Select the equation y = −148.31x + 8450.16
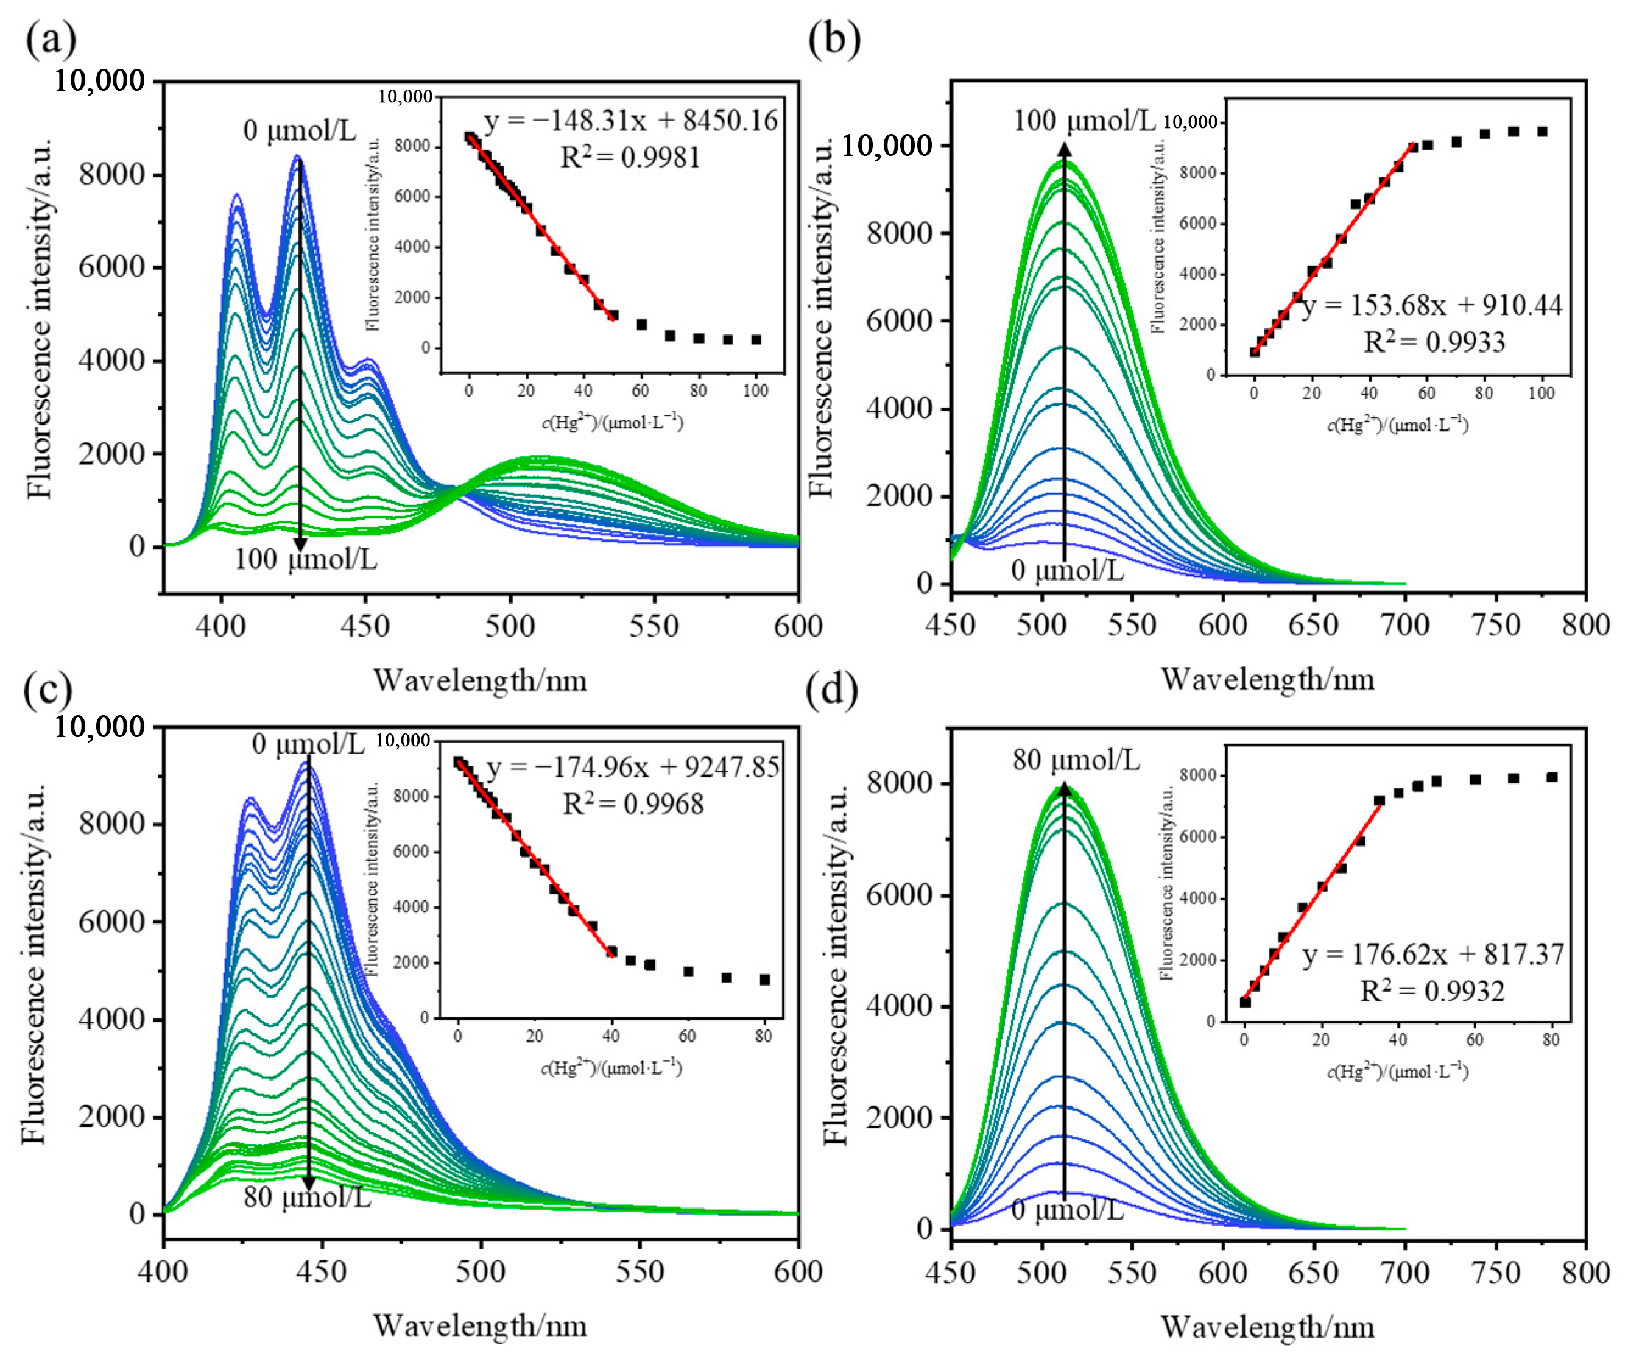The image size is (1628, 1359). click(630, 122)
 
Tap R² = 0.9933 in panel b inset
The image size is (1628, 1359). click(1434, 342)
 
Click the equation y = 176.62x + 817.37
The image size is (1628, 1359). click(1432, 955)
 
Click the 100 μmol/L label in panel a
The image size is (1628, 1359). click(306, 558)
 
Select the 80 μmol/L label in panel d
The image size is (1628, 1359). click(1076, 760)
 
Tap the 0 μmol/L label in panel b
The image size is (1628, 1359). click(1066, 571)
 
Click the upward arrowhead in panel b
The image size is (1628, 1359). click(1065, 150)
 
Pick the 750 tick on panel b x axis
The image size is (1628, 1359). click(1496, 625)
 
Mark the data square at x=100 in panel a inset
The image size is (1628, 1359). click(756, 339)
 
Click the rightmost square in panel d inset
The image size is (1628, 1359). click(1551, 777)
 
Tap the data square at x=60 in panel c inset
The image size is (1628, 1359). click(688, 972)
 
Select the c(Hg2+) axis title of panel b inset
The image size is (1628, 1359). click(1397, 425)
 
